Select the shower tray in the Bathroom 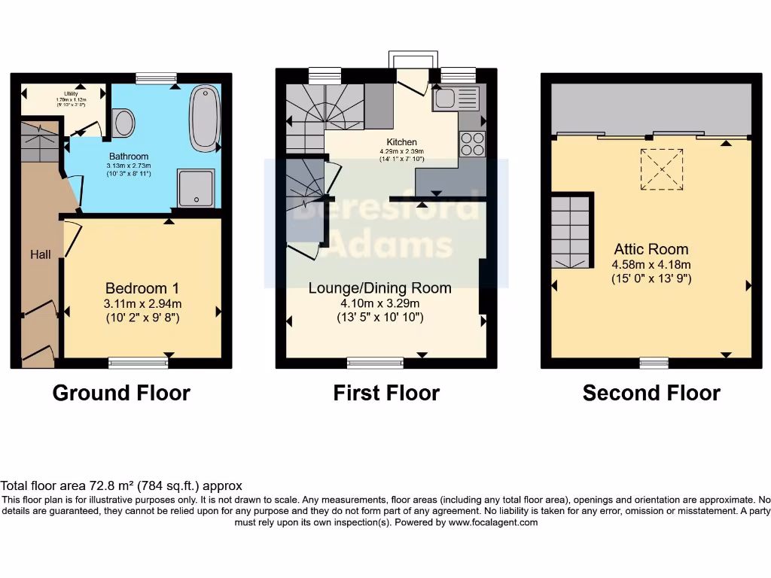pyautogui.click(x=196, y=187)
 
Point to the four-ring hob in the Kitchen pyautogui.click(x=472, y=143)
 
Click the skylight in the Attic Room pyautogui.click(x=662, y=169)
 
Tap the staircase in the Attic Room pyautogui.click(x=570, y=232)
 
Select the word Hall pyautogui.click(x=41, y=254)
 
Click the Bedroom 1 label pyautogui.click(x=142, y=288)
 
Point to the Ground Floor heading pyautogui.click(x=121, y=393)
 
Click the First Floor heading pyautogui.click(x=386, y=393)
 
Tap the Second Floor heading pyautogui.click(x=651, y=393)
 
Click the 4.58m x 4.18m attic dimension pyautogui.click(x=651, y=264)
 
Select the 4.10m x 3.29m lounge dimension pyautogui.click(x=379, y=303)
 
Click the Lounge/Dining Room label pyautogui.click(x=379, y=288)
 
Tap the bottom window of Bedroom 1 pyautogui.click(x=139, y=364)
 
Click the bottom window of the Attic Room pyautogui.click(x=654, y=364)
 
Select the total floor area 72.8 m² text pyautogui.click(x=121, y=486)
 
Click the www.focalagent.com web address pyautogui.click(x=492, y=522)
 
